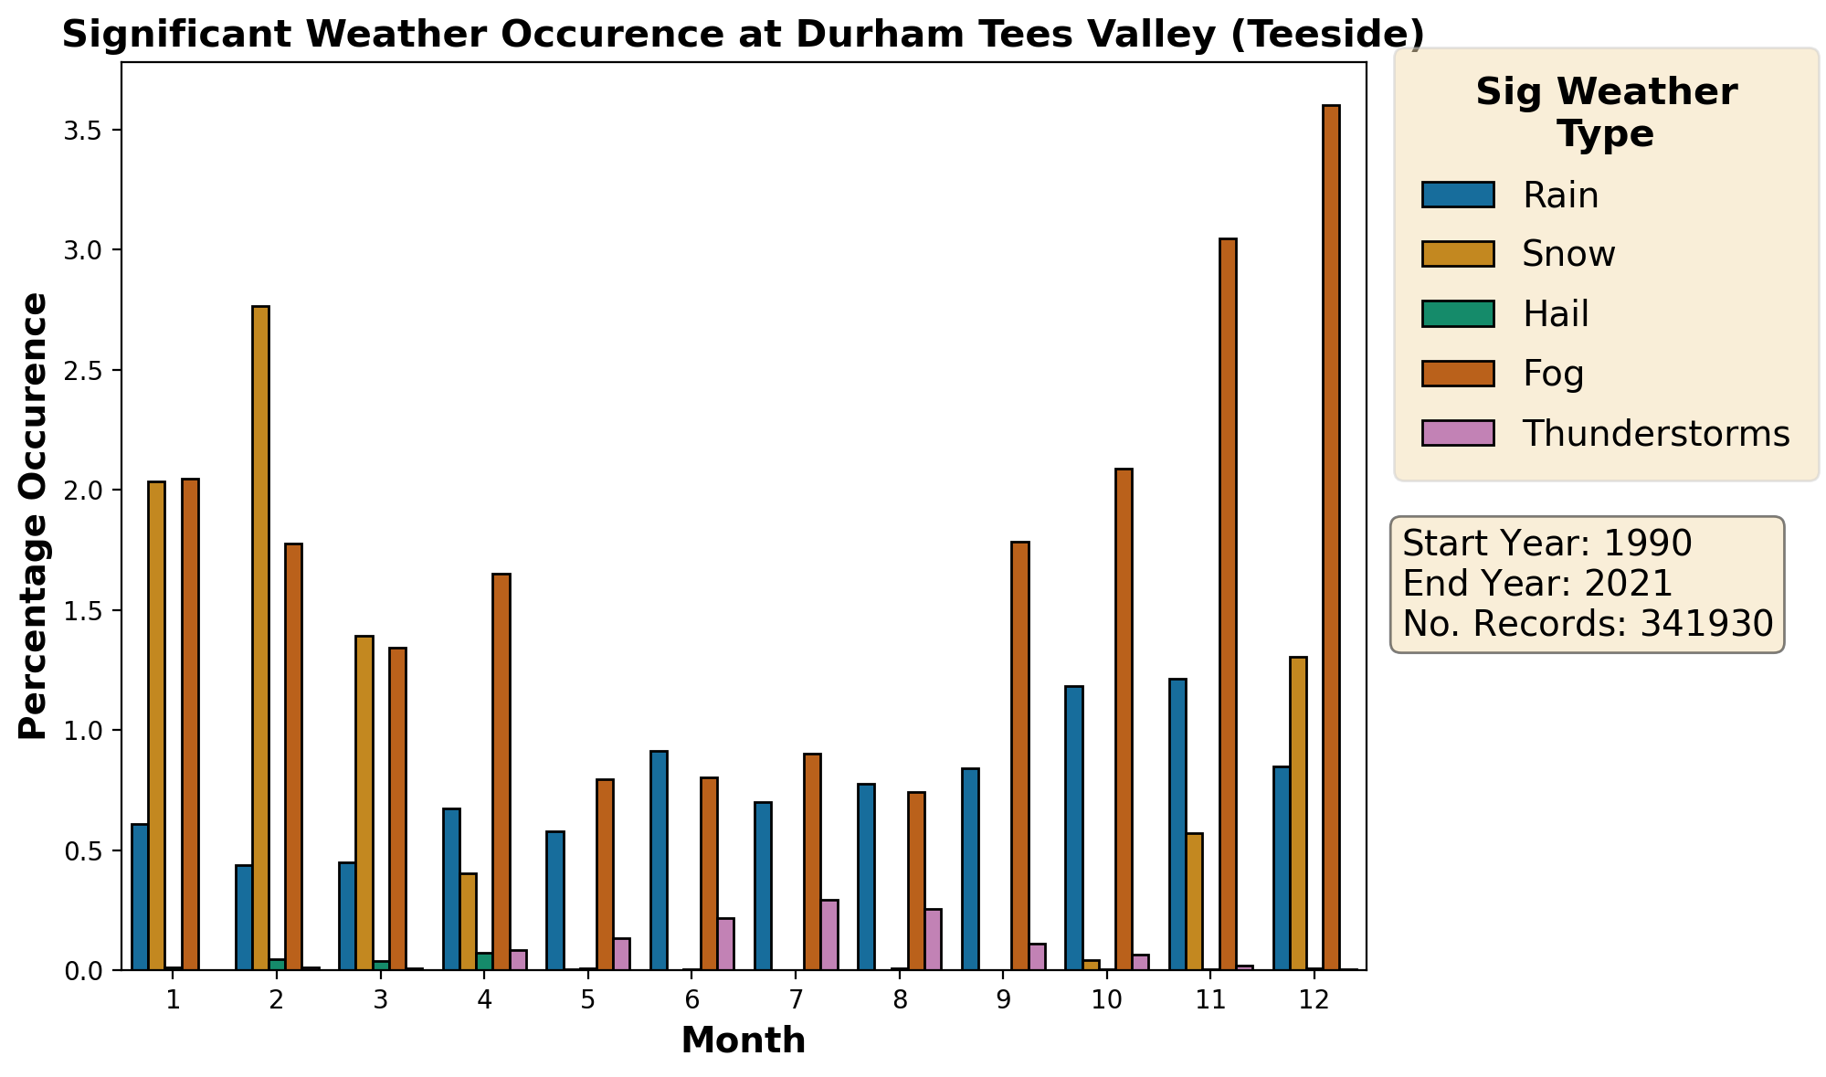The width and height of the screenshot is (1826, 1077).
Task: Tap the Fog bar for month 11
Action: [1228, 604]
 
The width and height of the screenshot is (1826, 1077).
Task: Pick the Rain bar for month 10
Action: [1074, 828]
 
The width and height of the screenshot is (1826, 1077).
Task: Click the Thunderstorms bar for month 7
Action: [829, 934]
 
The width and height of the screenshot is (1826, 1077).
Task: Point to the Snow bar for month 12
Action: [1298, 813]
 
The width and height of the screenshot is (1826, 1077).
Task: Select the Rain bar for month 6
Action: [659, 861]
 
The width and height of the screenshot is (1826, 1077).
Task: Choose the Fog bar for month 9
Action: [1020, 755]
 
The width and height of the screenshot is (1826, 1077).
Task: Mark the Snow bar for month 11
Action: [1194, 901]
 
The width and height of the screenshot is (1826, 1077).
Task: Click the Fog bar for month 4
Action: [501, 772]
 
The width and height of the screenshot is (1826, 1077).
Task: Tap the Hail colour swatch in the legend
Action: [1458, 313]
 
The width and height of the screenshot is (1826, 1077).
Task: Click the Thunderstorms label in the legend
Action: [1655, 434]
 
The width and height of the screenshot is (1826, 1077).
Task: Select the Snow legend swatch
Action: [1458, 254]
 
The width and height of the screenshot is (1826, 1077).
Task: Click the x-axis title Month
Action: [744, 1040]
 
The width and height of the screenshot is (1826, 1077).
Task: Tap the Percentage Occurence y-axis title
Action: [34, 515]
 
